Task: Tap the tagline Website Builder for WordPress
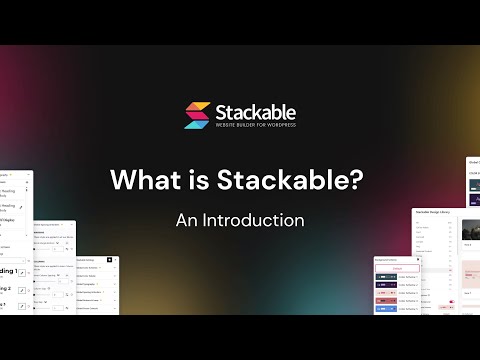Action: (256, 126)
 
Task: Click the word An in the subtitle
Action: (187, 219)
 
